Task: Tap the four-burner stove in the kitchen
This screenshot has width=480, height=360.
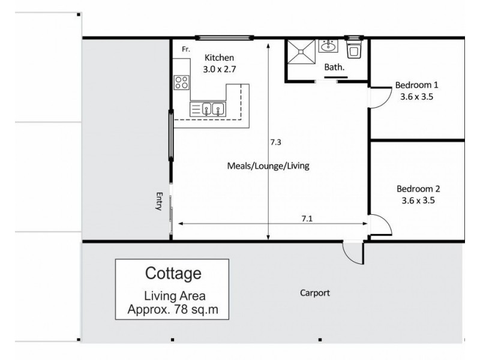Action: [x=182, y=82]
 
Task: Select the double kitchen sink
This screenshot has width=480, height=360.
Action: [x=213, y=109]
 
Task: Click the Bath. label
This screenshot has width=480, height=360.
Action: [x=335, y=68]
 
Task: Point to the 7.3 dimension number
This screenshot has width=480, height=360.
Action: [x=275, y=143]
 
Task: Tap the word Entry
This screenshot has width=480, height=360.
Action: [x=160, y=201]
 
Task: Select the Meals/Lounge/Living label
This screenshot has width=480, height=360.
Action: [x=268, y=166]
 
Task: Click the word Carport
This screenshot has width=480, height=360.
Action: [x=315, y=293]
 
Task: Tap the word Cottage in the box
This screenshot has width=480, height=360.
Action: [x=173, y=274]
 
